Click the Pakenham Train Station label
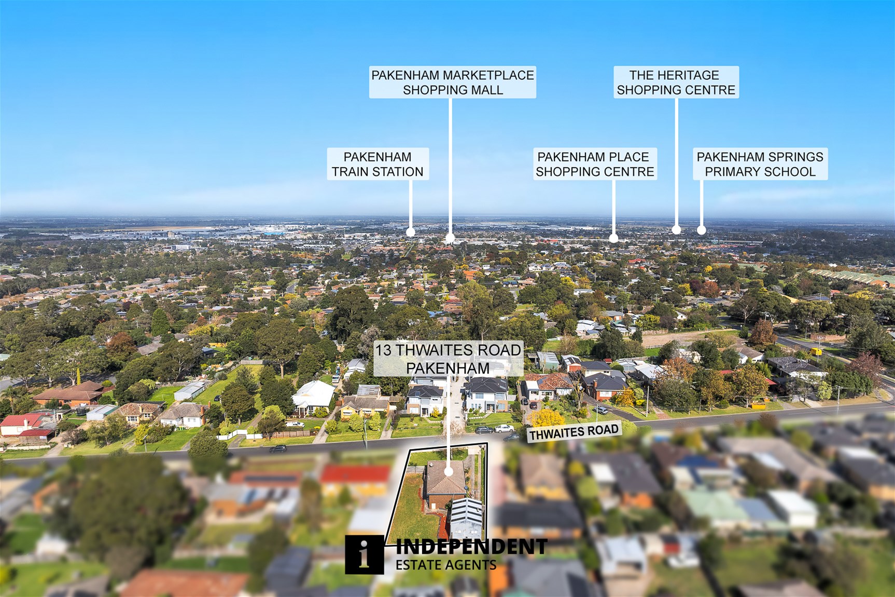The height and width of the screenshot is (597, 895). [x=378, y=164]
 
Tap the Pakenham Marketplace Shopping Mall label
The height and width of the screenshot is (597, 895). [x=453, y=82]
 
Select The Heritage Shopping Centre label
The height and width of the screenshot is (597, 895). [x=676, y=82]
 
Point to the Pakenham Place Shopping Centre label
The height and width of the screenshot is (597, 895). [x=595, y=164]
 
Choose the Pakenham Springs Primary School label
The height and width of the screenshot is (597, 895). [x=760, y=164]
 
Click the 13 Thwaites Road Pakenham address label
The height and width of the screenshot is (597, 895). [x=448, y=359]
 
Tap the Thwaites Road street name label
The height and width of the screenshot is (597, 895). [x=574, y=432]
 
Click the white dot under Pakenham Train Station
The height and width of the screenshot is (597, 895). [x=410, y=232]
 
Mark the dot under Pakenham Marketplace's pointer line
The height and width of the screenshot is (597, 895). [x=450, y=238]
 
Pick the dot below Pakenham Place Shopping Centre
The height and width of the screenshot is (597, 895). [x=613, y=238]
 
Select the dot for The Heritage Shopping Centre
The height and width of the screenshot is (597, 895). [x=676, y=229]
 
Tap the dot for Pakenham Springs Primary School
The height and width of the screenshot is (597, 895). [x=701, y=229]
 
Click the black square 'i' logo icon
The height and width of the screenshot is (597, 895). [x=365, y=555]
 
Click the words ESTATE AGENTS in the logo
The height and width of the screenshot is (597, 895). [x=446, y=565]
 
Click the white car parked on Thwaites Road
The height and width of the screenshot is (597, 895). [x=504, y=428]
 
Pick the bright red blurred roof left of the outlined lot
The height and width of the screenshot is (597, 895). [x=355, y=473]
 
